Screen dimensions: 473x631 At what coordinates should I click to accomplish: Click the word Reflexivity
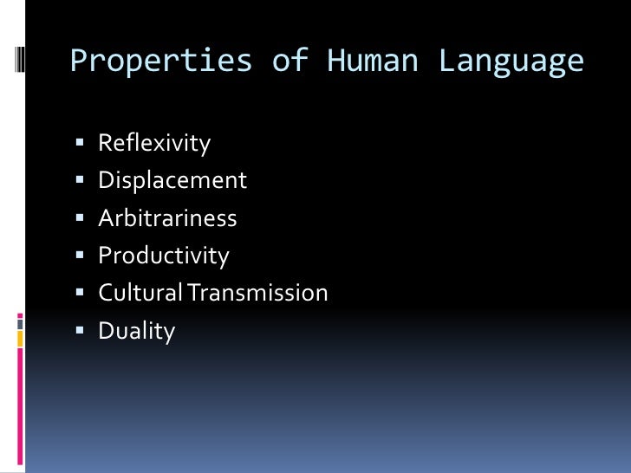coord(154,142)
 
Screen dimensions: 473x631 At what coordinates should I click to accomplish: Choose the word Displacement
coord(172,180)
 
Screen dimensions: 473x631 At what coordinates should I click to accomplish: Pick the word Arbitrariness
coord(167,217)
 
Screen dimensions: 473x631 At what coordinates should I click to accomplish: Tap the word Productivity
coord(164,256)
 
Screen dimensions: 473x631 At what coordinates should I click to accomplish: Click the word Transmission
coord(258,293)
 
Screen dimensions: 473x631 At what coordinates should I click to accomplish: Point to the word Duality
coord(137,331)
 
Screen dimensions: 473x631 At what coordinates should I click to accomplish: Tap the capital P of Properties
coord(79,62)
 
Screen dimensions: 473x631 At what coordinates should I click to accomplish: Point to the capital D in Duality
coord(107,331)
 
